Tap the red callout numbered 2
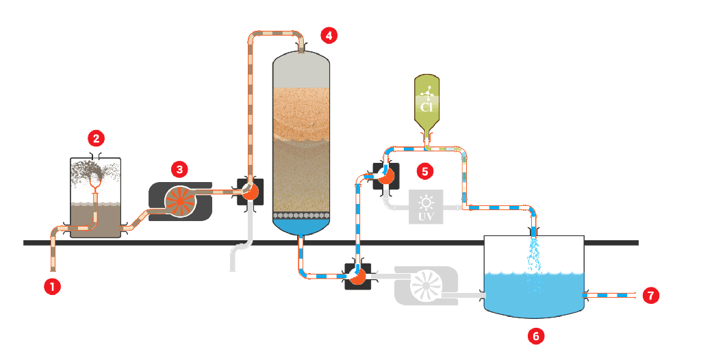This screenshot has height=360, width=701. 97,139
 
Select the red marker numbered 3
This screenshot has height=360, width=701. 179,168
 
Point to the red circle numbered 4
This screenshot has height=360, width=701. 330,34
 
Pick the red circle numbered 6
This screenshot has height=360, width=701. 536,336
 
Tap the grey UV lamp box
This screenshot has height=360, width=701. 426,206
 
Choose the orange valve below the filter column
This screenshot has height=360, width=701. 357,277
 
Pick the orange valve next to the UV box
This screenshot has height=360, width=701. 385,176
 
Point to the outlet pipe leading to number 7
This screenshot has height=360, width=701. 613,296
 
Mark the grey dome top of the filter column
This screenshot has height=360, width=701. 302,68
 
